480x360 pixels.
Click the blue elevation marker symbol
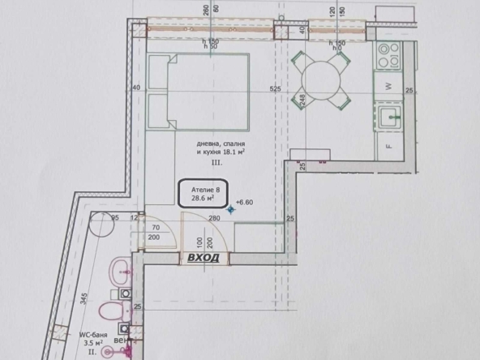[231, 209]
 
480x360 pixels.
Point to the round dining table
[322, 79]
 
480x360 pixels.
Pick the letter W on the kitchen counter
[388, 85]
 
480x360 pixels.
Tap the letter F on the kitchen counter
[388, 147]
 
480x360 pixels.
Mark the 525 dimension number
[275, 88]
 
